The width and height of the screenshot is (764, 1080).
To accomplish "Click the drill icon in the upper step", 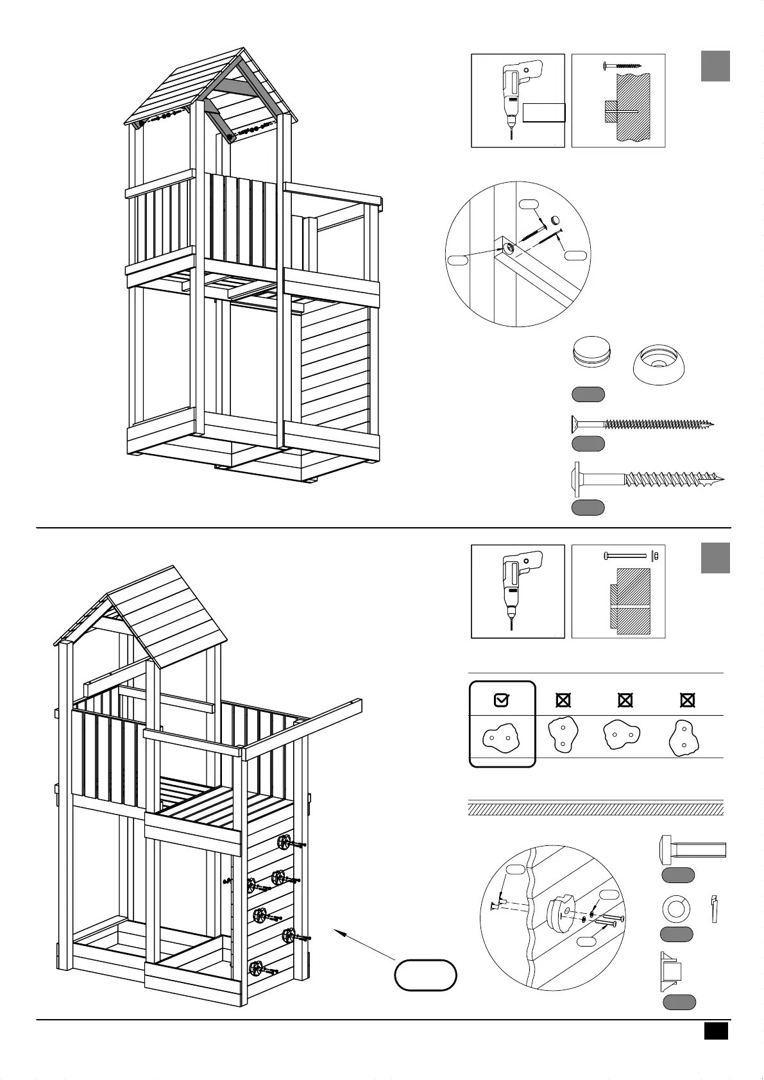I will tap(517, 97).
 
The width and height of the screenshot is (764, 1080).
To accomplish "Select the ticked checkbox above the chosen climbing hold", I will tap(502, 700).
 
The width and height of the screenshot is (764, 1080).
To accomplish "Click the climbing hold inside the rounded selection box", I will tap(500, 738).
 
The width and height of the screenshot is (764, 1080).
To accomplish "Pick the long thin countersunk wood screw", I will tap(641, 424).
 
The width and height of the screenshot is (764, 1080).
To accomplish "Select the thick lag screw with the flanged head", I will tap(648, 479).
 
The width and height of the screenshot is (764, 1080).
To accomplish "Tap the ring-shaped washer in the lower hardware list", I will tap(675, 909).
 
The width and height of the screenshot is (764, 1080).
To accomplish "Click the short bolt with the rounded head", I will tap(692, 850).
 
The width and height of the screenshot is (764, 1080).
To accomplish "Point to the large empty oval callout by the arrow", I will tap(425, 975).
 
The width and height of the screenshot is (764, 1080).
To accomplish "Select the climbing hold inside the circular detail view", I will tap(560, 911).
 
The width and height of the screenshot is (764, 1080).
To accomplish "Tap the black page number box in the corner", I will tap(716, 1031).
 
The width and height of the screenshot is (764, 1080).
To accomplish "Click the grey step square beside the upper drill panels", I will tap(715, 66).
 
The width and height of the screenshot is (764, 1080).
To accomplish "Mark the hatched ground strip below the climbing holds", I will tap(595, 809).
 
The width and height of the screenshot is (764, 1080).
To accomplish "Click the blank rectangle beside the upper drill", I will tap(544, 113).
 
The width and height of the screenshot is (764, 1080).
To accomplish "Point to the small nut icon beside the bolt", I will tap(655, 555).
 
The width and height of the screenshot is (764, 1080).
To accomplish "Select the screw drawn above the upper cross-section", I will tap(622, 65).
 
